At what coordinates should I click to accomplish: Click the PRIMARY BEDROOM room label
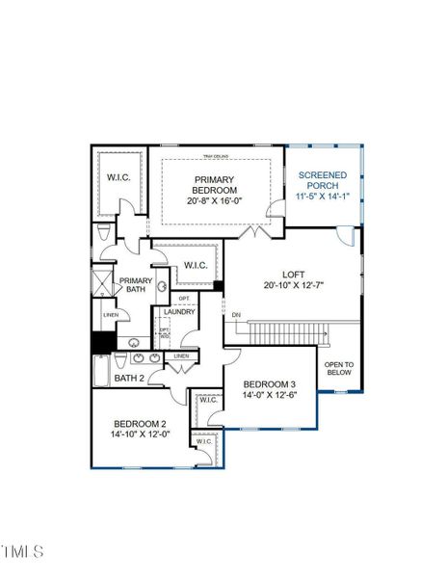tap(215, 184)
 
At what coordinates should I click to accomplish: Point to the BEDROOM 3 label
tap(269, 383)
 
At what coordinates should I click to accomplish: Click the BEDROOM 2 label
tap(141, 425)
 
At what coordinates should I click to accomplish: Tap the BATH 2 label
tap(129, 379)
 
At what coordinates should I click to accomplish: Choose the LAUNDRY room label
tap(180, 312)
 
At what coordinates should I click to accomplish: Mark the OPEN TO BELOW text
tap(338, 368)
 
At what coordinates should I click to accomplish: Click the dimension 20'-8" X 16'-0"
tap(215, 201)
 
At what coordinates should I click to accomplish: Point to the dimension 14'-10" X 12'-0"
tap(141, 435)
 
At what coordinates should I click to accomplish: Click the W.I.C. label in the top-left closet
tap(119, 176)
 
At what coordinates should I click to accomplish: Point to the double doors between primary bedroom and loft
tap(253, 232)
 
